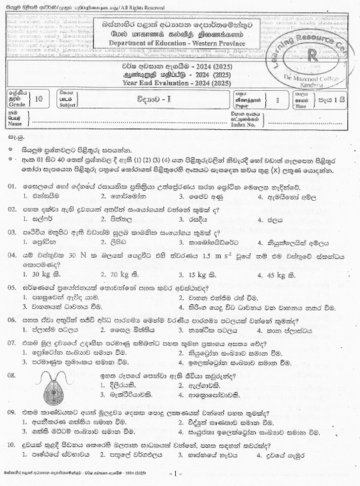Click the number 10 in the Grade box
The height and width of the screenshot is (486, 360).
[x=41, y=98]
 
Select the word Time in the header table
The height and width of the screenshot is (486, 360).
[x=303, y=103]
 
